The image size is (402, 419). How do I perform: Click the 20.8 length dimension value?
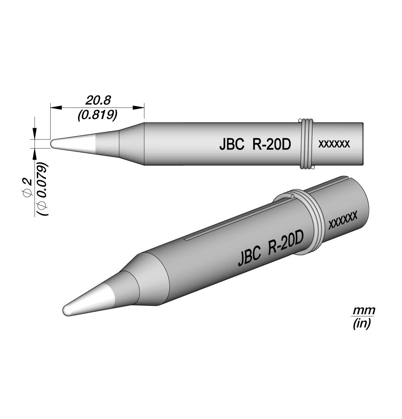click(97, 101)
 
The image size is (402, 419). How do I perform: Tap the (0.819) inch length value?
click(97, 115)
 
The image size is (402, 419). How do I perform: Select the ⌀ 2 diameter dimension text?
click(28, 187)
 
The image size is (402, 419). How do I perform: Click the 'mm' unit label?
click(364, 310)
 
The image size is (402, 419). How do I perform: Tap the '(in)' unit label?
click(362, 323)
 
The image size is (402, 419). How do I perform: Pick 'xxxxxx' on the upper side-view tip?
click(334, 144)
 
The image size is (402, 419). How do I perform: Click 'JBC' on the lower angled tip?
click(249, 256)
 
